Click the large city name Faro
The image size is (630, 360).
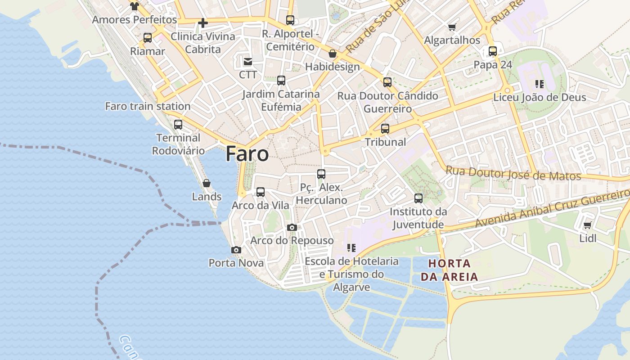[x=247, y=154]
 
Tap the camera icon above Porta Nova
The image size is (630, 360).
[x=236, y=250]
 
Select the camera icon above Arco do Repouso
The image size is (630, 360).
[x=292, y=228]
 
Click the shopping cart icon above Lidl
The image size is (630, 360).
[x=587, y=225]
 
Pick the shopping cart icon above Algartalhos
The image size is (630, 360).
[x=452, y=27]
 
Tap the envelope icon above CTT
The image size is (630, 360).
[x=247, y=62]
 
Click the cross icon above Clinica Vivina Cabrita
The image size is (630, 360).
[x=203, y=22]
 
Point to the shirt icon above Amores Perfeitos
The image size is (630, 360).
[x=134, y=6]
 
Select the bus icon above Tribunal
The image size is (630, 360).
[x=385, y=129]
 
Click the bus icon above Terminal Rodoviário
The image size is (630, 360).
[x=178, y=125]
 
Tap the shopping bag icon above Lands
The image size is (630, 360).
[x=207, y=183]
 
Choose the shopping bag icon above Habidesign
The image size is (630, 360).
[x=333, y=54]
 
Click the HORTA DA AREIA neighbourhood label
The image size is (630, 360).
[x=449, y=270]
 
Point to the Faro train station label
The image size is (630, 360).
[x=148, y=107]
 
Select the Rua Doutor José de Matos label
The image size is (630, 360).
[x=513, y=173]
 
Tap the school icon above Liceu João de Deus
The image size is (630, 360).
[x=540, y=84]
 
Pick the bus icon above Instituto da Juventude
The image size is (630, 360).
[x=418, y=198]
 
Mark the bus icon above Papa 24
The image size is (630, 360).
[x=493, y=51]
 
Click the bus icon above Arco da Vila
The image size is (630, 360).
[x=261, y=192]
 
